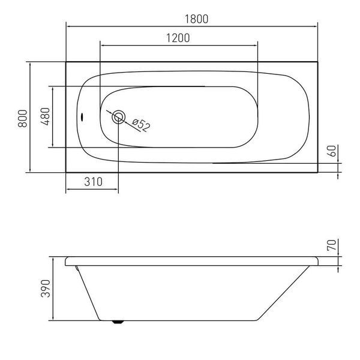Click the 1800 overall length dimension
pyautogui.click(x=197, y=19)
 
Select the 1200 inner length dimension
pyautogui.click(x=178, y=38)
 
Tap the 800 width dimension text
pyautogui.click(x=23, y=118)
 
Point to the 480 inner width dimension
pyautogui.click(x=45, y=116)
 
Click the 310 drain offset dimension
pyautogui.click(x=93, y=182)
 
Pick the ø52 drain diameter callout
pyautogui.click(x=141, y=125)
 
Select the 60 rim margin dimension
pyautogui.click(x=332, y=151)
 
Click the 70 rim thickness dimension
pyautogui.click(x=332, y=245)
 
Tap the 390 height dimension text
pyautogui.click(x=45, y=289)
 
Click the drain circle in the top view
pyautogui.click(x=118, y=117)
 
